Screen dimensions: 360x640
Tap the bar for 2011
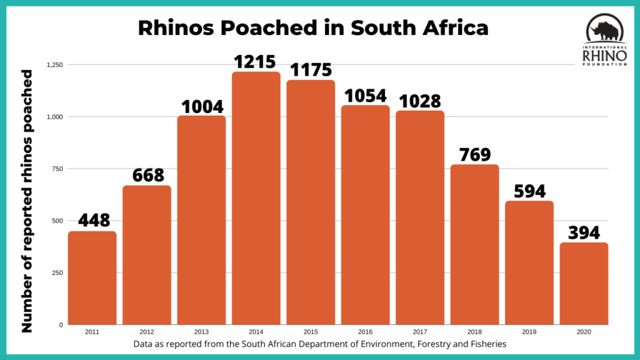point(92,277)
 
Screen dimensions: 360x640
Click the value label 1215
point(255,62)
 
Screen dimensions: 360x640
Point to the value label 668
point(147,176)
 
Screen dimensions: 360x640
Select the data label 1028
point(420,101)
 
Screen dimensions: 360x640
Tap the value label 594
point(529,191)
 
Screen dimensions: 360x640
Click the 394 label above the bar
point(584,233)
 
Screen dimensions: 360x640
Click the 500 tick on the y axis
point(57,221)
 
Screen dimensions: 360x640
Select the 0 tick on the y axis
point(61,325)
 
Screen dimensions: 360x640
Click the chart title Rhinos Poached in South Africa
point(312,29)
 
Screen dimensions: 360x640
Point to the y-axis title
point(28,200)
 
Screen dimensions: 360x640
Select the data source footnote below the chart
point(319,344)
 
